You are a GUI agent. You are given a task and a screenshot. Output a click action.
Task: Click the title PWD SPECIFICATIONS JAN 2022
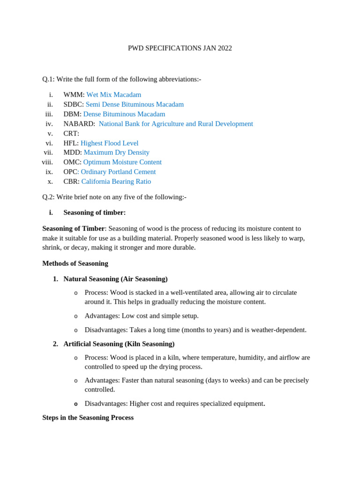click(180, 48)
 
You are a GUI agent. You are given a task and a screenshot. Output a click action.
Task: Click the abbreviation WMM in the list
click(74, 95)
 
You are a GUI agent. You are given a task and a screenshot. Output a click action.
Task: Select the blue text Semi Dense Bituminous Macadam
click(135, 105)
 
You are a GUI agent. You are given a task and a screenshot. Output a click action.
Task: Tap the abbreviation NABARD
click(79, 124)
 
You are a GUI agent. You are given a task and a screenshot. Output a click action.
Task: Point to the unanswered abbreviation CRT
click(71, 134)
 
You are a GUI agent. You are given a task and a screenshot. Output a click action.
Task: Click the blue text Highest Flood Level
click(109, 143)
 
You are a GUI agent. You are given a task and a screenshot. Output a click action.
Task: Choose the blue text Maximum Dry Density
click(116, 152)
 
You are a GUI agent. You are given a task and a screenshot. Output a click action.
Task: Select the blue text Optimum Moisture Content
click(122, 162)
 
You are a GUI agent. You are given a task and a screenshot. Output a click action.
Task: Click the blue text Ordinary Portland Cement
click(118, 172)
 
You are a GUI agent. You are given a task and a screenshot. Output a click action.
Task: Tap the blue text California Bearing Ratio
click(116, 181)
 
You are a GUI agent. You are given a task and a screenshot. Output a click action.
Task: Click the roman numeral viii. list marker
click(47, 162)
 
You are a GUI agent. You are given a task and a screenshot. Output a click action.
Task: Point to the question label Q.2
click(48, 197)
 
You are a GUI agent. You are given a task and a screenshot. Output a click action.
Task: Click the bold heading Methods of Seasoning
click(75, 263)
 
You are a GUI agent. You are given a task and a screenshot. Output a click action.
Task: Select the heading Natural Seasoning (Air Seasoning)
click(115, 279)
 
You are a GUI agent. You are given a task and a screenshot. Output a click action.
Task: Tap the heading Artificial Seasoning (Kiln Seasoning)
click(119, 344)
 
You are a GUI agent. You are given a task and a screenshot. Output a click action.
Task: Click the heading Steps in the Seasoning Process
click(88, 418)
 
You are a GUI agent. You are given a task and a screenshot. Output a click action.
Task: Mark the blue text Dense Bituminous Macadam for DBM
click(124, 114)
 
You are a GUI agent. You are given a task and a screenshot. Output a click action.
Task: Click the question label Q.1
click(48, 79)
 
